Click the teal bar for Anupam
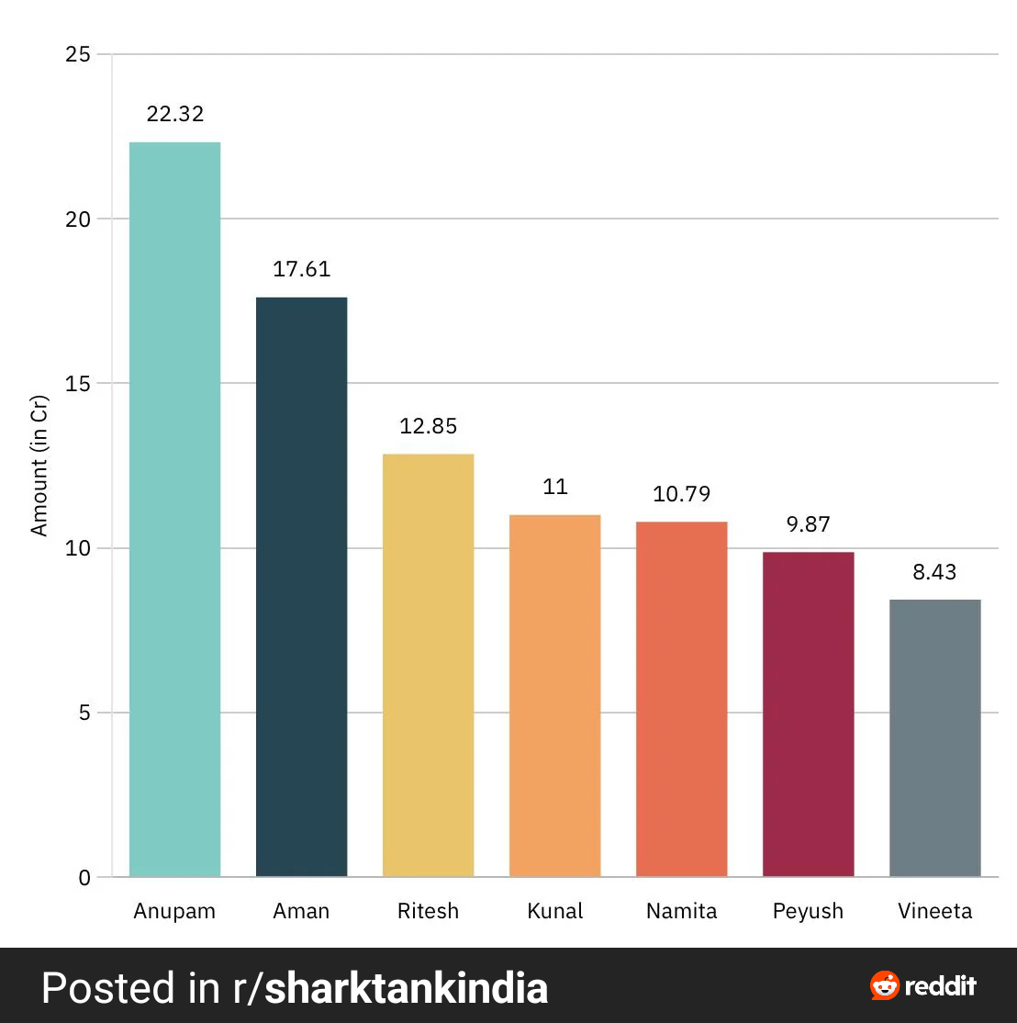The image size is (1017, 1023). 174,510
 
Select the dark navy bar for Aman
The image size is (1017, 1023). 301,588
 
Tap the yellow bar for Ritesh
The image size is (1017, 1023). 428,666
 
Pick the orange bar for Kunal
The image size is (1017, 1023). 554,696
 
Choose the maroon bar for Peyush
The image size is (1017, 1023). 808,714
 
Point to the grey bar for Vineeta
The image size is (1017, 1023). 934,738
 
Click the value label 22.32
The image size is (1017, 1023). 174,115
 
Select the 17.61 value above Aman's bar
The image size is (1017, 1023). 301,270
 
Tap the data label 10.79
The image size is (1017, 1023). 681,494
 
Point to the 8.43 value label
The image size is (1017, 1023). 934,572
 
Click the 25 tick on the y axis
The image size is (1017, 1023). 79,54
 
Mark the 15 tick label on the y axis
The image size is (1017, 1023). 79,383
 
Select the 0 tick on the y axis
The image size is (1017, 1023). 84,878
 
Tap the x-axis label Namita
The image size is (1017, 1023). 681,912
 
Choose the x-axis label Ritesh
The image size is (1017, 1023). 428,912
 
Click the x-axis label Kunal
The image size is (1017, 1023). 554,912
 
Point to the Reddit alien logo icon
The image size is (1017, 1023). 885,986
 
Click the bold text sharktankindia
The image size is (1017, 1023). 406,988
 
